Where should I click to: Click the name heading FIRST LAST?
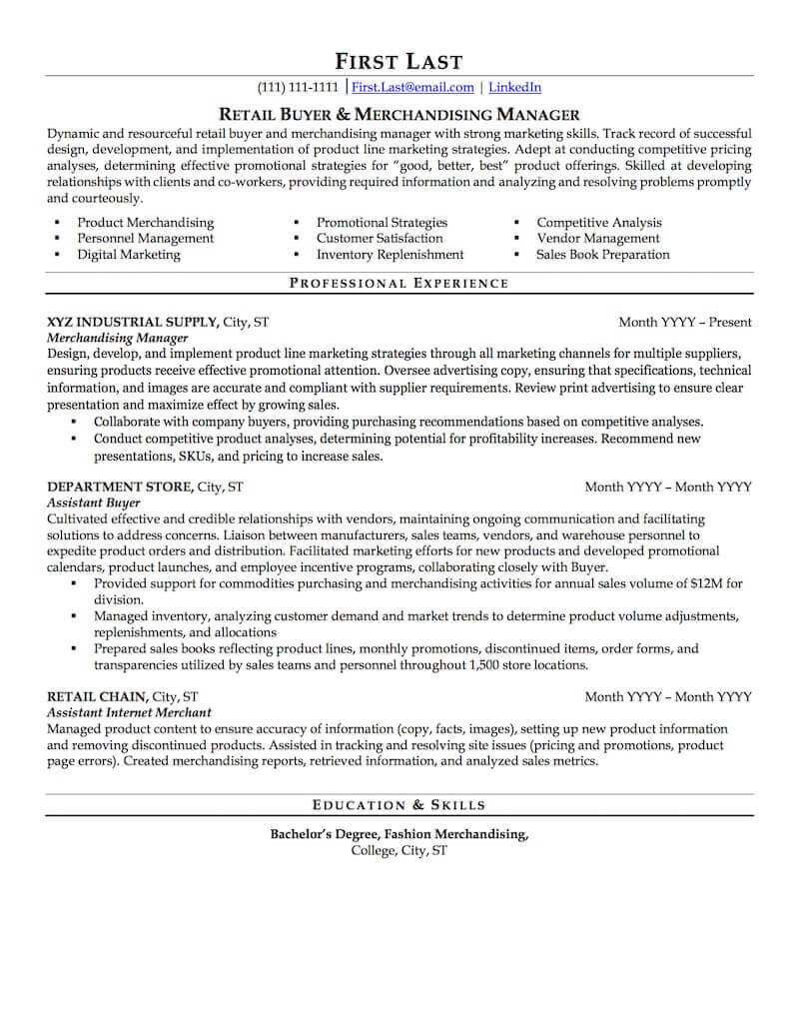[399, 61]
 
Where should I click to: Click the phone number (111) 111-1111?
[298, 87]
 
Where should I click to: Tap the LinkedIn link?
[515, 87]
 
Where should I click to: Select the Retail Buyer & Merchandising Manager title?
[399, 114]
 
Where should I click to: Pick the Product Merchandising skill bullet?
[146, 223]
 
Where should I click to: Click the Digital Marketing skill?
[129, 255]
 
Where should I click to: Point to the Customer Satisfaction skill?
[380, 239]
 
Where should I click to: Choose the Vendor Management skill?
[598, 239]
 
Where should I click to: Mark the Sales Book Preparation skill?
[603, 255]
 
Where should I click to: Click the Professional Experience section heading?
[399, 284]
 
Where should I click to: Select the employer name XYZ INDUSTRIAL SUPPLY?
[132, 323]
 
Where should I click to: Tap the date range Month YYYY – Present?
[685, 323]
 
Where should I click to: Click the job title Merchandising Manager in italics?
[118, 339]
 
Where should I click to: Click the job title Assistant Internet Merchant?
[129, 712]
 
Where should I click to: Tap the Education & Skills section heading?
[399, 804]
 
